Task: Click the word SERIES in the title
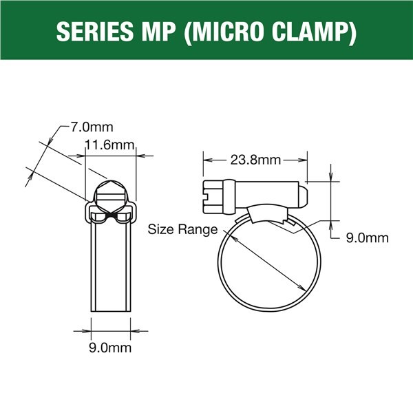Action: pyautogui.click(x=95, y=31)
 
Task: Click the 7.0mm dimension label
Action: pyautogui.click(x=92, y=127)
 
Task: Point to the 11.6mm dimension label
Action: pyautogui.click(x=109, y=145)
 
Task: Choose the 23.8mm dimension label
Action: pyautogui.click(x=255, y=160)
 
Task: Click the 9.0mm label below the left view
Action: pyautogui.click(x=110, y=348)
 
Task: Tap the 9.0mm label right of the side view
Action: pyautogui.click(x=367, y=238)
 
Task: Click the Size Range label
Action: pyautogui.click(x=182, y=229)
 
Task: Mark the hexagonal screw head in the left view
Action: pyautogui.click(x=111, y=197)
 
